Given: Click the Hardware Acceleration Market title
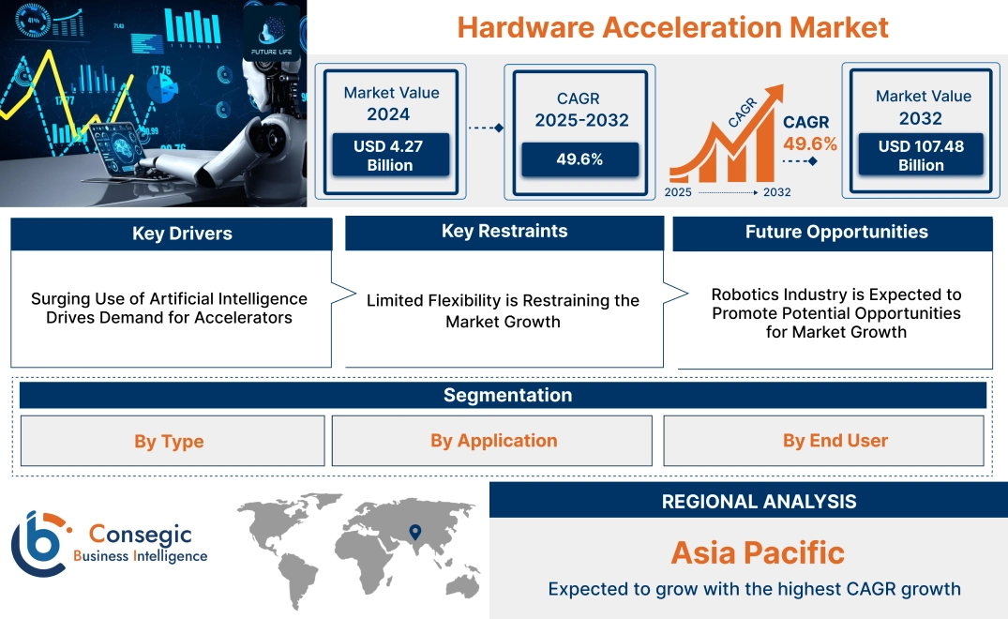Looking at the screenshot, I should click(672, 27).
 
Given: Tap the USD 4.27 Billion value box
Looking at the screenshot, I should click(389, 156).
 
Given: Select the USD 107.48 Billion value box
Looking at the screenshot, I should click(921, 156).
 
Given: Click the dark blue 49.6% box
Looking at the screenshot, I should click(579, 159).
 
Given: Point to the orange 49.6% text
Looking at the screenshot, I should click(810, 143).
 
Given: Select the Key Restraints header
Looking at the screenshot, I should click(504, 232).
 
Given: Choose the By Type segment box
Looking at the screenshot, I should click(169, 441).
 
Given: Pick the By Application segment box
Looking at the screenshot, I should click(493, 441).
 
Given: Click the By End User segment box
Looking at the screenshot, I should click(835, 441).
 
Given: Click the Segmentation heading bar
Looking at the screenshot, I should click(506, 395).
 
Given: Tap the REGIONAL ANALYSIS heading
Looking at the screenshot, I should click(759, 501).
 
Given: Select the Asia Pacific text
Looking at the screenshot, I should click(758, 552).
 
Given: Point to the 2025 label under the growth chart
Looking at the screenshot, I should click(679, 192).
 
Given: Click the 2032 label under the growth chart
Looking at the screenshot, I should click(776, 192).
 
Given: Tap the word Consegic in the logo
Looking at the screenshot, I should click(141, 535).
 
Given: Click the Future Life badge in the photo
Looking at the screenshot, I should click(271, 33).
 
